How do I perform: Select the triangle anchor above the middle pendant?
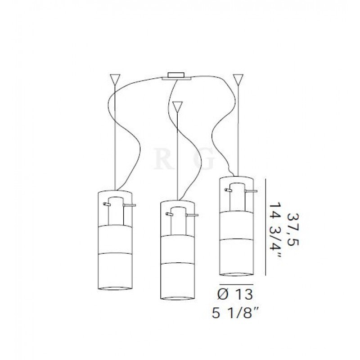point(177,106)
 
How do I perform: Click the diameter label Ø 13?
point(235,294)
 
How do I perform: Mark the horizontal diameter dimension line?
point(237,284)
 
